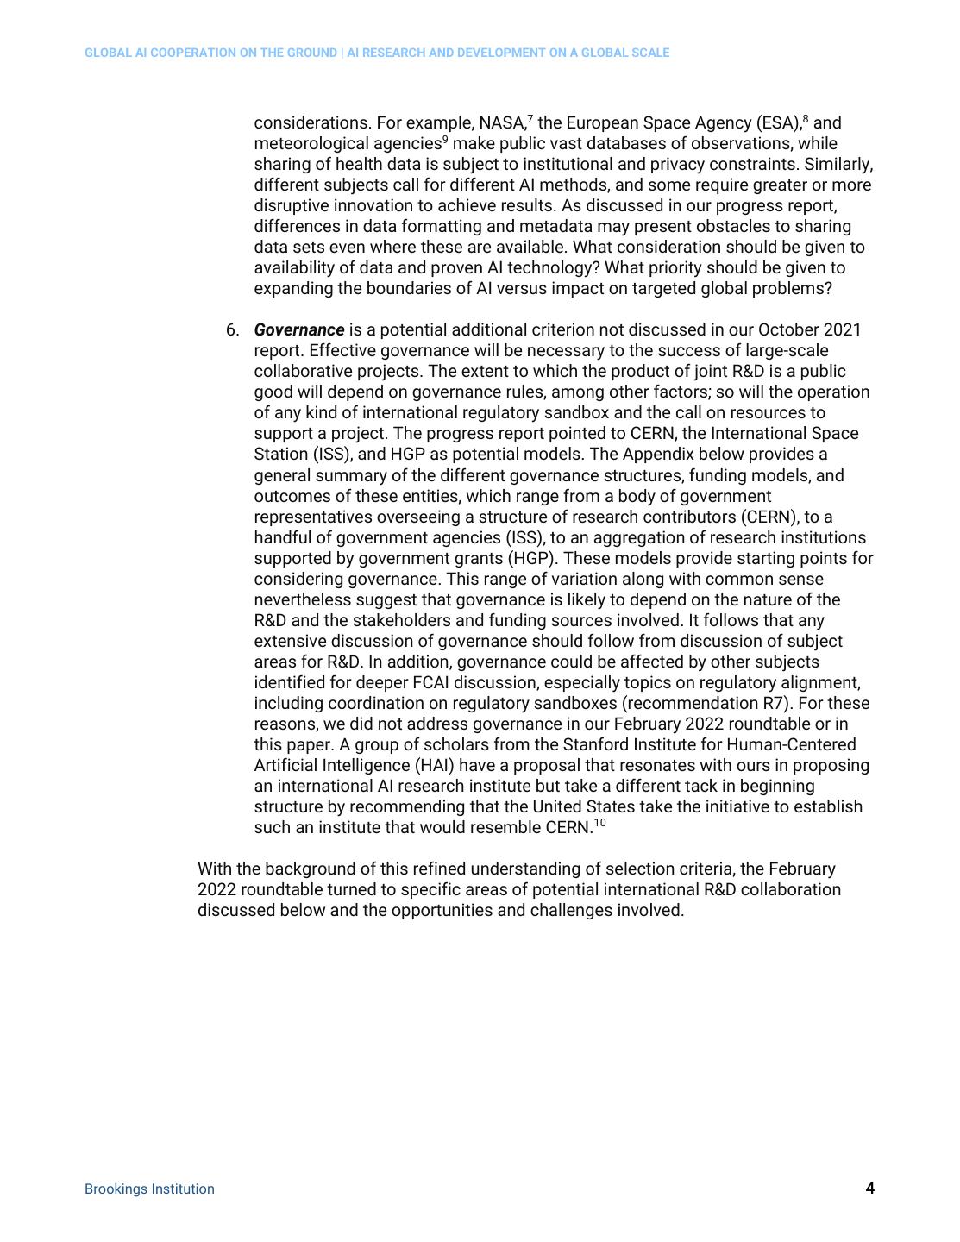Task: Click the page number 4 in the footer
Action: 869,1189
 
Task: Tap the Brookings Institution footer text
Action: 149,1189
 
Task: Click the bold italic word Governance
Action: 298,329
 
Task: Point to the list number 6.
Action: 232,329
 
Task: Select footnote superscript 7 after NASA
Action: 530,118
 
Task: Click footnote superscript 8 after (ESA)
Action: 806,118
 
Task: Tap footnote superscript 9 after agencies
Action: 445,139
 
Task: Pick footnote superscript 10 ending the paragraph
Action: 599,823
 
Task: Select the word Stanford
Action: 595,744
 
